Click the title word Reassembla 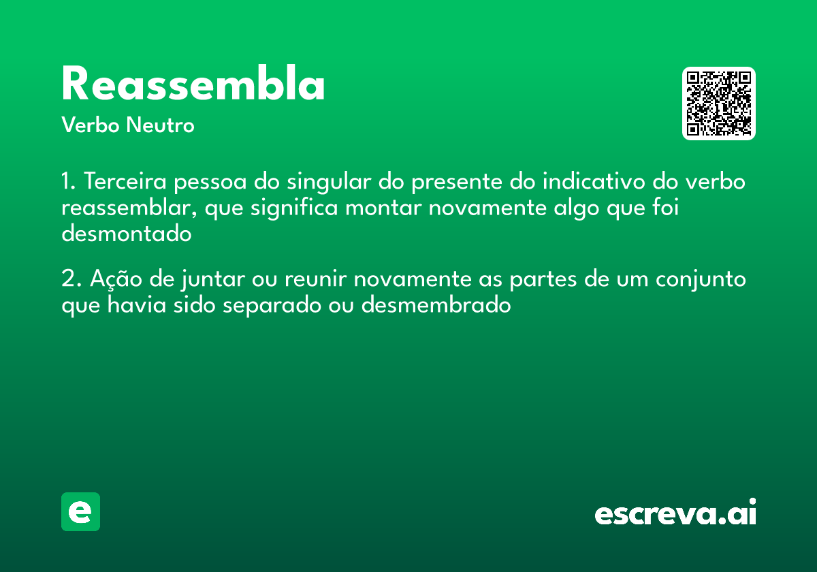click(x=193, y=85)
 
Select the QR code click(x=719, y=104)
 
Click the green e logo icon click(x=80, y=511)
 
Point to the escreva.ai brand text click(x=675, y=513)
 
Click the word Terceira click(x=125, y=182)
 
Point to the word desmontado click(x=127, y=233)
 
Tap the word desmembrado click(x=436, y=304)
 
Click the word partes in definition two click(x=540, y=281)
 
